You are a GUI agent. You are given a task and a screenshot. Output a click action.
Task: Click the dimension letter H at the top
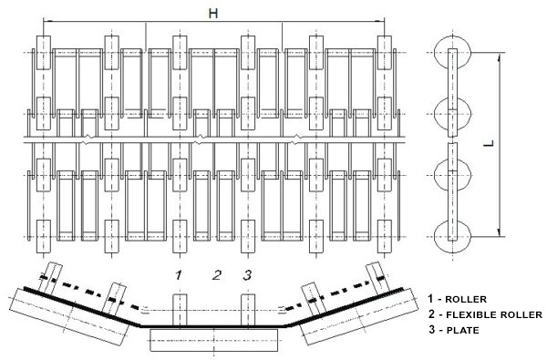coord(213,14)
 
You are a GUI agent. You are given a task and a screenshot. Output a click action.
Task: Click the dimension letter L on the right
coord(490,143)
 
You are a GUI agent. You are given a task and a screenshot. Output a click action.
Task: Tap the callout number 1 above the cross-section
coord(179,275)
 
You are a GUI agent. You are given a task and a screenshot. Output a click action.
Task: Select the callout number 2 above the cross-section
coord(217,275)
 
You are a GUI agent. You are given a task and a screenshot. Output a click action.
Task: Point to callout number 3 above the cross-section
coord(247,275)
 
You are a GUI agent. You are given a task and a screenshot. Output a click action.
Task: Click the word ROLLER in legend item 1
coord(466,299)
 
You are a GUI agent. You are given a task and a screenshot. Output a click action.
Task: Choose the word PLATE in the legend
coord(462,330)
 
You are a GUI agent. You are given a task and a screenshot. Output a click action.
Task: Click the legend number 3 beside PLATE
coord(432,329)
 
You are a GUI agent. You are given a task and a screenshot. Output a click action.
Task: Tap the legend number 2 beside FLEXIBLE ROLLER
coord(432,314)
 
